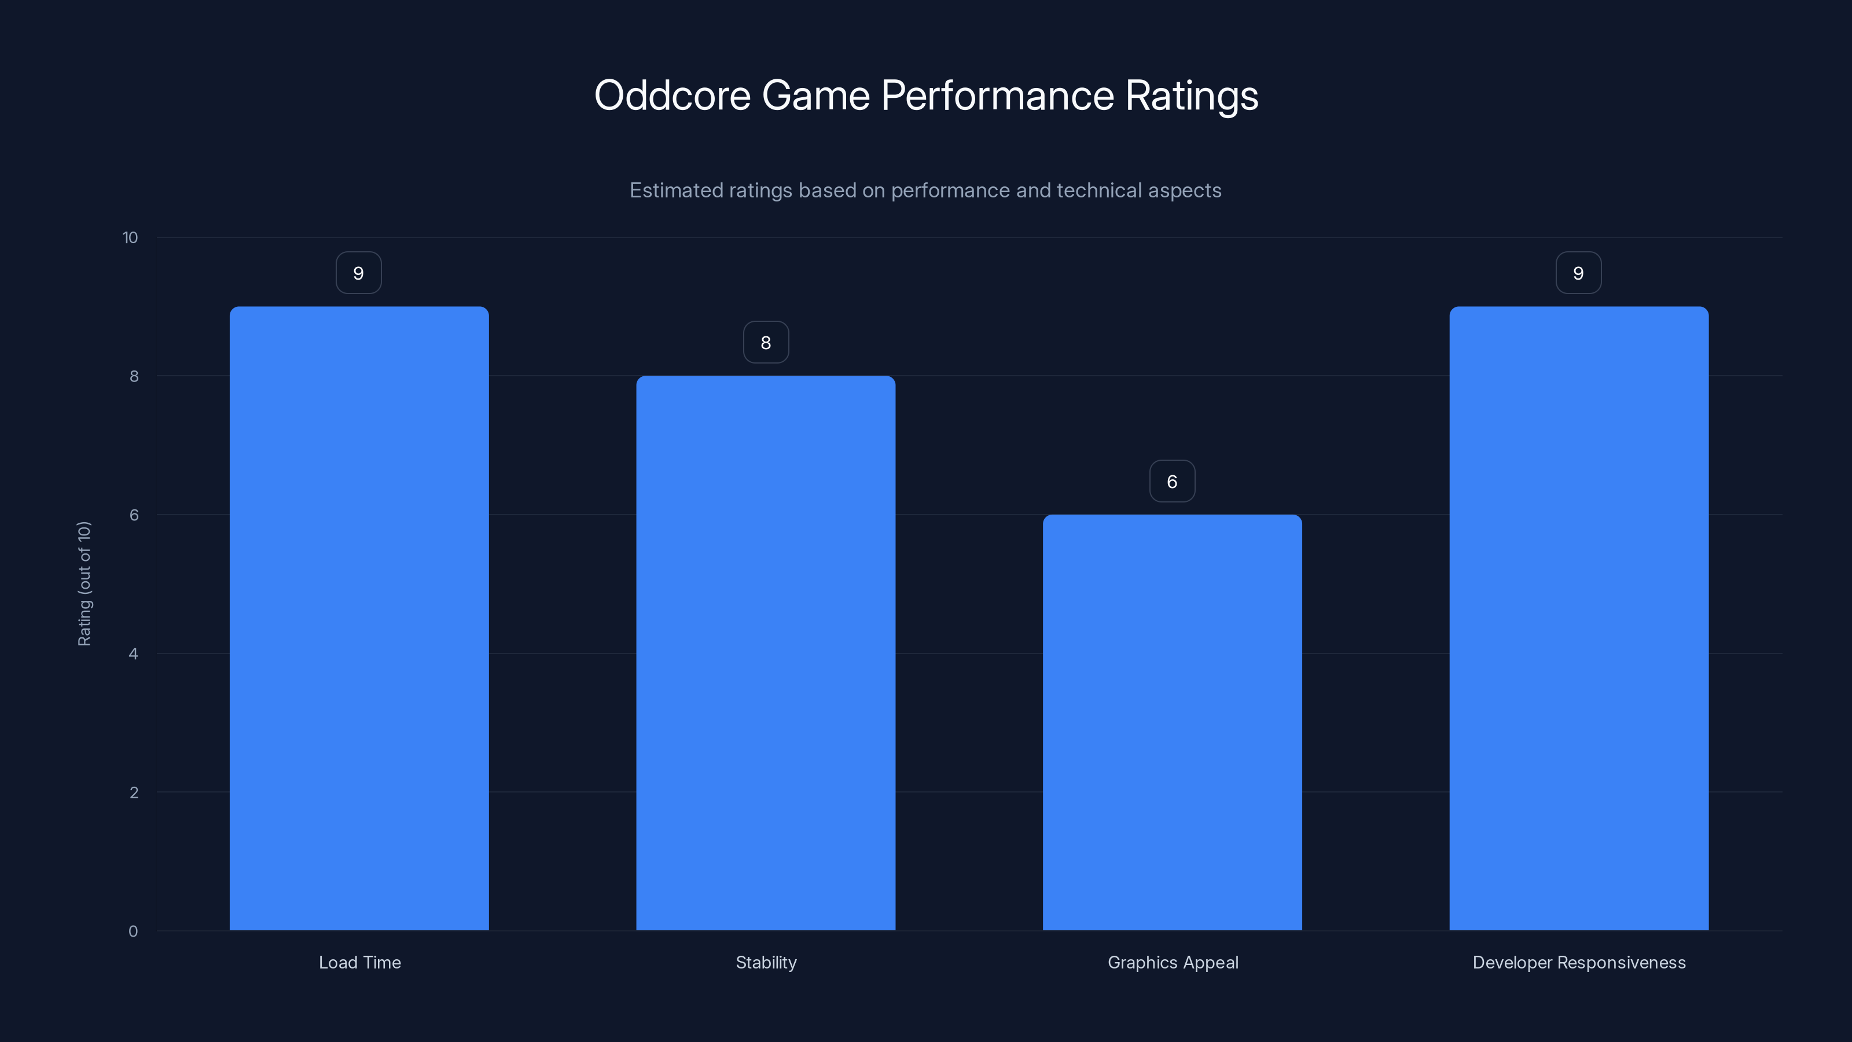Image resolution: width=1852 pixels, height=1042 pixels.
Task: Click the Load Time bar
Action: click(x=359, y=618)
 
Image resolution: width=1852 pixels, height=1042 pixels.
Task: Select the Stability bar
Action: click(x=766, y=653)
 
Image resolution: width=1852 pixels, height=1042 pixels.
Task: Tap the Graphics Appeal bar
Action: click(x=1172, y=722)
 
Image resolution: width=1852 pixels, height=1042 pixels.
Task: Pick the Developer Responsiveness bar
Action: click(x=1579, y=618)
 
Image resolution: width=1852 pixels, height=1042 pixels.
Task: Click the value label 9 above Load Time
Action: click(x=359, y=273)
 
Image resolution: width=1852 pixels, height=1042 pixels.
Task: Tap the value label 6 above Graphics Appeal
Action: click(x=1172, y=482)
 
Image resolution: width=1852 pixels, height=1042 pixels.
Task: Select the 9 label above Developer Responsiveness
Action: click(x=1578, y=273)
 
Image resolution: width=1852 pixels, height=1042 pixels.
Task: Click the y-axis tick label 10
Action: click(x=130, y=238)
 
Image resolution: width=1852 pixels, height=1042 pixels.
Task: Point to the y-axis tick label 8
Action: click(x=134, y=377)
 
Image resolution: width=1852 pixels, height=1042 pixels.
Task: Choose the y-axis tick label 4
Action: click(x=133, y=654)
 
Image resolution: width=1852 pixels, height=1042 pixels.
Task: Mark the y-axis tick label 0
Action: click(x=133, y=932)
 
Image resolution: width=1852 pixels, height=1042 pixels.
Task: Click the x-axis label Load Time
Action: click(x=359, y=963)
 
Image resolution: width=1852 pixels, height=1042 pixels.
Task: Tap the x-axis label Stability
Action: click(x=766, y=963)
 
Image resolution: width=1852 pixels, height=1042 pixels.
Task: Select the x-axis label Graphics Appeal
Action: click(x=1173, y=963)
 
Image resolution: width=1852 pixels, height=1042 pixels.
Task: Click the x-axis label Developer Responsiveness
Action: click(x=1579, y=963)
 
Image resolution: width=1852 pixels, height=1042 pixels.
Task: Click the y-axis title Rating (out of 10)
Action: click(x=84, y=584)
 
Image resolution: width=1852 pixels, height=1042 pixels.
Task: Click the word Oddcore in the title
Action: click(x=672, y=96)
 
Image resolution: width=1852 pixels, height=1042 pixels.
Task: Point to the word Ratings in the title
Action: click(x=1191, y=96)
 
